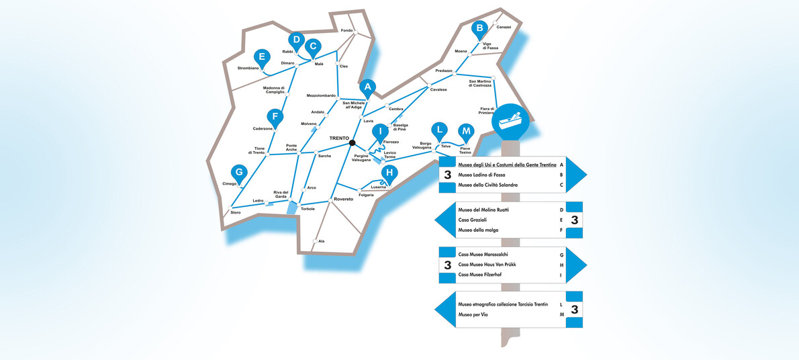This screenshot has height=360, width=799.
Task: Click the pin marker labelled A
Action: click(367, 88)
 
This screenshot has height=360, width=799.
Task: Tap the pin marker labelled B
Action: click(479, 29)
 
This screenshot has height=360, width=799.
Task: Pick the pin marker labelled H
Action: click(389, 173)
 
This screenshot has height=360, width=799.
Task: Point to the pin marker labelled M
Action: click(466, 132)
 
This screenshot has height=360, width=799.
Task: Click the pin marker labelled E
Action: click(263, 57)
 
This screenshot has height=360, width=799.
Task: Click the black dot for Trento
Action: click(352, 143)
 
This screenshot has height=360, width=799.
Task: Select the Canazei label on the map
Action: click(504, 26)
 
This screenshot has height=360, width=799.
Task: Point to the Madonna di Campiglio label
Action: click(274, 90)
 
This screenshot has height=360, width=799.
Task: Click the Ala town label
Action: click(321, 241)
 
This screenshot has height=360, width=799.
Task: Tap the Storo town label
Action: click(236, 212)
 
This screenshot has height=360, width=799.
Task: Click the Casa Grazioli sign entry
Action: click(471, 220)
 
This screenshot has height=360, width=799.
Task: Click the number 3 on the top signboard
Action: click(448, 175)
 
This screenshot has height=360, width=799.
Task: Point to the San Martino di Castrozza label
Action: click(480, 84)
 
